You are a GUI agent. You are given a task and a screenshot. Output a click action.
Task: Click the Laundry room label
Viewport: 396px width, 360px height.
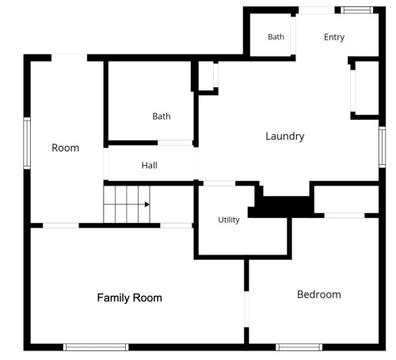(x=285, y=136)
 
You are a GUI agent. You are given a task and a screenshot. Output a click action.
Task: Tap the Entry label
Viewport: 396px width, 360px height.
(x=334, y=37)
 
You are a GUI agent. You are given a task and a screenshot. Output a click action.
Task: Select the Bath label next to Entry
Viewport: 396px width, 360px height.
(x=276, y=36)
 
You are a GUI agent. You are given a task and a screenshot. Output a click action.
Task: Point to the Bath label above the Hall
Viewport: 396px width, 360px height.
(x=162, y=117)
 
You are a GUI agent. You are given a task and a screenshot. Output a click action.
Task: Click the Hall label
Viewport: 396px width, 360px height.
(x=150, y=166)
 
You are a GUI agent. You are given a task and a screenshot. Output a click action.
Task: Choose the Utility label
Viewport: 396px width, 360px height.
(x=229, y=220)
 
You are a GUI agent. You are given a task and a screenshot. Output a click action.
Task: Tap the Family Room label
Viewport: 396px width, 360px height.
(x=129, y=298)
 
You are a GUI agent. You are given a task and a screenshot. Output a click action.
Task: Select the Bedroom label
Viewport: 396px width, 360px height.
(x=319, y=294)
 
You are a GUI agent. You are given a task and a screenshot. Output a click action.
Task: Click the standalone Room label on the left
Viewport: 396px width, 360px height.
(x=65, y=148)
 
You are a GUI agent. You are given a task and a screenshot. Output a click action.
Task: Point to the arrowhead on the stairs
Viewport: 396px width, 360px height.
(x=147, y=205)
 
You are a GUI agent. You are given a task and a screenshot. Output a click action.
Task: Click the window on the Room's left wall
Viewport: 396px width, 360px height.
(x=27, y=143)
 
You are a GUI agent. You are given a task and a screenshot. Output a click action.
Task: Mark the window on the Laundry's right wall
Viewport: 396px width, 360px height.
(x=382, y=147)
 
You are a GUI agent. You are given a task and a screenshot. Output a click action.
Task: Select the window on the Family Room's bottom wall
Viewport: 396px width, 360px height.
(x=96, y=347)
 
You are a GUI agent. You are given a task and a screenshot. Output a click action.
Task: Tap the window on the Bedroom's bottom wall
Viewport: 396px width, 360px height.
(x=299, y=347)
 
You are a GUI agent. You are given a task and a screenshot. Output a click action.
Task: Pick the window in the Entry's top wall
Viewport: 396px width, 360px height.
(x=357, y=10)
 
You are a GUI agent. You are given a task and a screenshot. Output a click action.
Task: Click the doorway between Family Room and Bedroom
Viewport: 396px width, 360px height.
(x=246, y=309)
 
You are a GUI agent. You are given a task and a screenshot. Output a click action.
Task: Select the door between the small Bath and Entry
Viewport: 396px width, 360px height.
(x=293, y=36)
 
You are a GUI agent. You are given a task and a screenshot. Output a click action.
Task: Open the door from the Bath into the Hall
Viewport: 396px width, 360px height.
(x=175, y=143)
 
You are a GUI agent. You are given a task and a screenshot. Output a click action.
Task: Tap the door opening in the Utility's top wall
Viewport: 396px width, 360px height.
(x=219, y=183)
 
